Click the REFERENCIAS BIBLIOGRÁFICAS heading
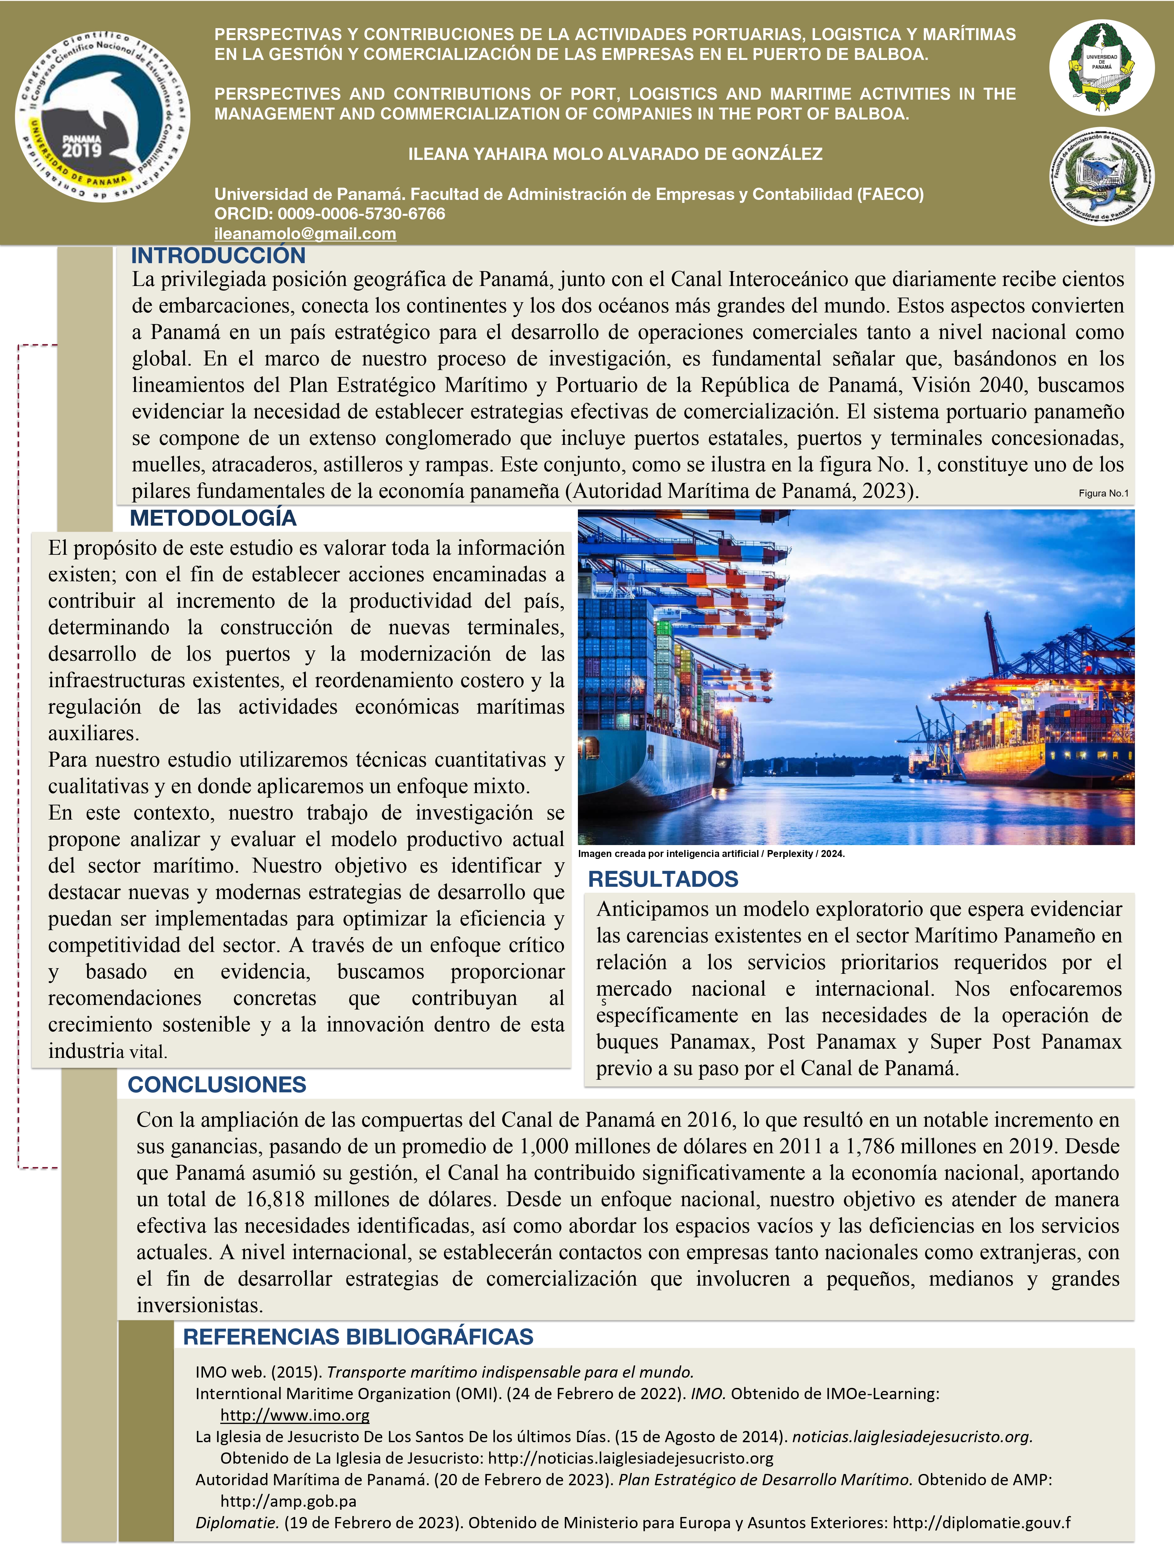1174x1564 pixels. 358,1336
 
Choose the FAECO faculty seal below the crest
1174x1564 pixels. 1101,177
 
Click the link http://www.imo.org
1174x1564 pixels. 295,1415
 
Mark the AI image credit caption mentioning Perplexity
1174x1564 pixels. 711,853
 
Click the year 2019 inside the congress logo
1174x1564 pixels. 82,150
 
